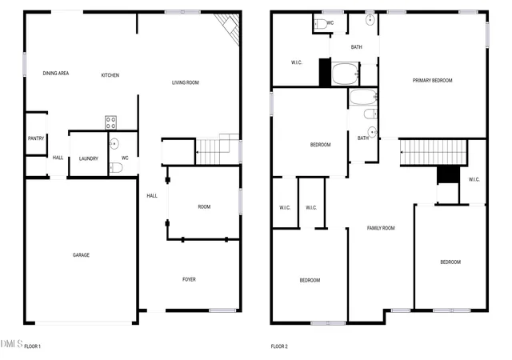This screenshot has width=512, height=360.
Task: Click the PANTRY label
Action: point(36,138)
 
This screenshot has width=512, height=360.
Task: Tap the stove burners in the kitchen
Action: point(110,122)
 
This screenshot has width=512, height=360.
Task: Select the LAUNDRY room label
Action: point(89,158)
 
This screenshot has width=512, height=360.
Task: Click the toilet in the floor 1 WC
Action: point(116,167)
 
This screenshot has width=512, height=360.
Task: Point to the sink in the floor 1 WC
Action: point(114,144)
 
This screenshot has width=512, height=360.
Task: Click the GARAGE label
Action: point(81,255)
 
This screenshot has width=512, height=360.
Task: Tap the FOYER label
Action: point(189,279)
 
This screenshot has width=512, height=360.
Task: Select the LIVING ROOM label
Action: point(186,82)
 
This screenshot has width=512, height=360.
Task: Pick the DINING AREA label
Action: point(56,73)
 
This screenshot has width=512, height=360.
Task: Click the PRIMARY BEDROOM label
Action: point(432,80)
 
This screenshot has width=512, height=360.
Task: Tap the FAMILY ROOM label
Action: point(381,228)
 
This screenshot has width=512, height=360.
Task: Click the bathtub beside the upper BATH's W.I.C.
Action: point(346,74)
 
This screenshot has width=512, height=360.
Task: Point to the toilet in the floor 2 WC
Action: point(321,24)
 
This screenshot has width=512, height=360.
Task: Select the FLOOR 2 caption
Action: point(279,346)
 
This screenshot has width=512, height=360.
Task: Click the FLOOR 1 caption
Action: point(32,346)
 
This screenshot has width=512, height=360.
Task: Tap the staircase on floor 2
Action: point(434,152)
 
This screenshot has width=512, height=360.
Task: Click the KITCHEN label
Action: point(110,75)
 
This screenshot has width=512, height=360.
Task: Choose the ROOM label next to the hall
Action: point(204,206)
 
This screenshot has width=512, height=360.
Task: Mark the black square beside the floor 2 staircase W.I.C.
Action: point(448,174)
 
